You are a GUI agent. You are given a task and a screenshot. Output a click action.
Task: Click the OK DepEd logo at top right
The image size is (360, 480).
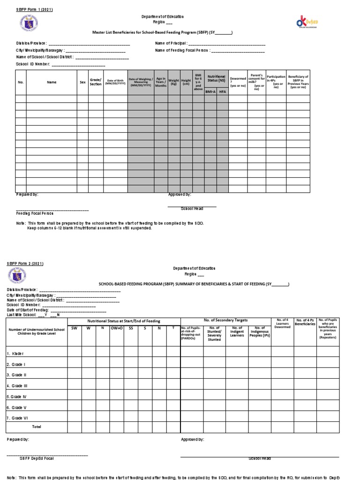click(307, 22)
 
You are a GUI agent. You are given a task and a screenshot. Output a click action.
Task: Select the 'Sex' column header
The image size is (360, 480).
click(82, 82)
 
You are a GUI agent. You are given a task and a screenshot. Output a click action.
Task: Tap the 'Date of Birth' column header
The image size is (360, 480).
click(115, 82)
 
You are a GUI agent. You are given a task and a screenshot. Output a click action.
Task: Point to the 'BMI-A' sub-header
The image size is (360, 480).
click(210, 92)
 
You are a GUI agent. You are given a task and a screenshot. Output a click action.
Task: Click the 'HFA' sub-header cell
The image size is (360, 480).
click(222, 92)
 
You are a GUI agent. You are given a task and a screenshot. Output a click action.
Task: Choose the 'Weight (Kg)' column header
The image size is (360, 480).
click(174, 82)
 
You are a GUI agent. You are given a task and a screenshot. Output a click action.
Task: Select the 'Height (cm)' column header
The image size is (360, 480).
click(186, 82)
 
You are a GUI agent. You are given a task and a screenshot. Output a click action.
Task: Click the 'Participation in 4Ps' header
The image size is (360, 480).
click(276, 82)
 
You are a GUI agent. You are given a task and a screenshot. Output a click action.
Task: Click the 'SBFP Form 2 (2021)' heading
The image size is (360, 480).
click(24, 263)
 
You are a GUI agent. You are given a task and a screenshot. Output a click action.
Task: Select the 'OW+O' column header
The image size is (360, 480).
click(116, 328)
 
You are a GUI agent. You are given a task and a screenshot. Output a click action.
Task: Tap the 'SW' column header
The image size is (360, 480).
click(74, 328)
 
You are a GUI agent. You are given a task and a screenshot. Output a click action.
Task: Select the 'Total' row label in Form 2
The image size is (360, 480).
click(36, 427)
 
